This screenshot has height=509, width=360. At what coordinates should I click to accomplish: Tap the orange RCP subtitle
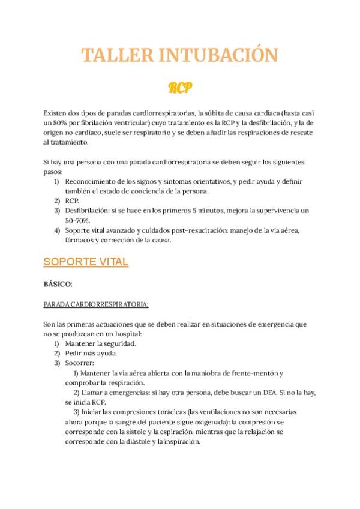(x=179, y=88)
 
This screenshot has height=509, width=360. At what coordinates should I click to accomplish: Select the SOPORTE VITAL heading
(x=86, y=262)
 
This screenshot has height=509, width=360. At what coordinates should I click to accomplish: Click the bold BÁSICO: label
(x=58, y=284)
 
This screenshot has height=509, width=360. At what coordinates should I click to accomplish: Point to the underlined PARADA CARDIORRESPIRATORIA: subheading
(x=96, y=304)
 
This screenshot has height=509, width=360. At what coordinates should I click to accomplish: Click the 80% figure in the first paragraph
(x=61, y=122)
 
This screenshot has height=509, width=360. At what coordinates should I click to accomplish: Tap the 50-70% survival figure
(x=77, y=221)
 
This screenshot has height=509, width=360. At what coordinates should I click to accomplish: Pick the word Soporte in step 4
(x=79, y=230)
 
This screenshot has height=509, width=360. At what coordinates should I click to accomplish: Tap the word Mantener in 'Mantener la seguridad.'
(x=80, y=343)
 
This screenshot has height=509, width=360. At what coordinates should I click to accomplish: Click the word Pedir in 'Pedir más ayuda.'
(x=74, y=354)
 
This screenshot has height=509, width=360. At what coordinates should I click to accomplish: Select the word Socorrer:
(x=80, y=363)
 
